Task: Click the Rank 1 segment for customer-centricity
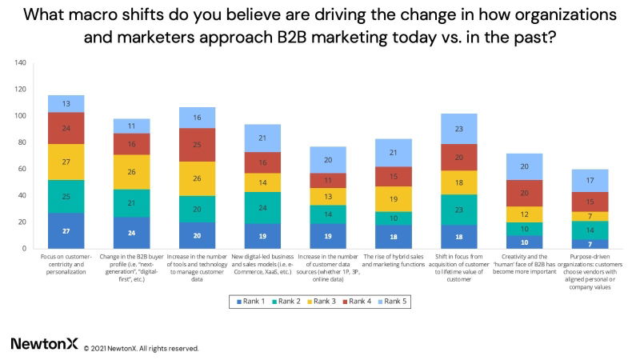(66, 230)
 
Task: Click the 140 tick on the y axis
(21, 62)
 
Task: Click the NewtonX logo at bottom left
(44, 343)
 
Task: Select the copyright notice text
(142, 348)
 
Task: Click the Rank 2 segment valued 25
(66, 197)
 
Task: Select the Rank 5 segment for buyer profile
(131, 126)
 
